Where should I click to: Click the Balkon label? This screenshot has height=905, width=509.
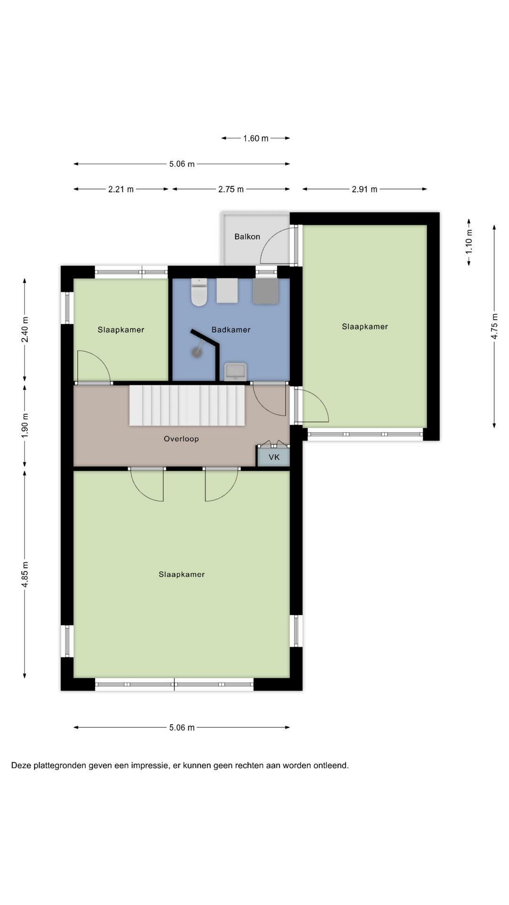[247, 237]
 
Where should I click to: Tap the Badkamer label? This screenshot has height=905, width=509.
[231, 330]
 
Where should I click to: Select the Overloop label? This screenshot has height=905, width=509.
[181, 439]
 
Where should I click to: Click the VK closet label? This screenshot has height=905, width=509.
[274, 457]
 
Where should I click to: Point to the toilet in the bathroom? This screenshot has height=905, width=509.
[199, 292]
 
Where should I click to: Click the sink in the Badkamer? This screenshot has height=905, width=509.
[235, 371]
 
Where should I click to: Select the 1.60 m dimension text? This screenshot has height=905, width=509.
[256, 139]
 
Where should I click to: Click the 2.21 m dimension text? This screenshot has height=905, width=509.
[121, 189]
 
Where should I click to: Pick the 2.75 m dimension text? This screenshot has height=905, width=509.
[231, 189]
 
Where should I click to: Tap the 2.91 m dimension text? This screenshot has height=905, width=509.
[364, 189]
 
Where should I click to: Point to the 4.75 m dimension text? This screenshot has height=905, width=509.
[494, 326]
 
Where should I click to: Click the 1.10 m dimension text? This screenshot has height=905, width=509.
[469, 242]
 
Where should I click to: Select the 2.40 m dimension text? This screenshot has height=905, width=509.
[25, 330]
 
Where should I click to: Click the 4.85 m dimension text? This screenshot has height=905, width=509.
[25, 575]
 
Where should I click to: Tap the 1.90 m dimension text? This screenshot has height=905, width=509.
[25, 425]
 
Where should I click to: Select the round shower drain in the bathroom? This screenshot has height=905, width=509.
[196, 352]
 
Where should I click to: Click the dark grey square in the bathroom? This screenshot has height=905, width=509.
[266, 291]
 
